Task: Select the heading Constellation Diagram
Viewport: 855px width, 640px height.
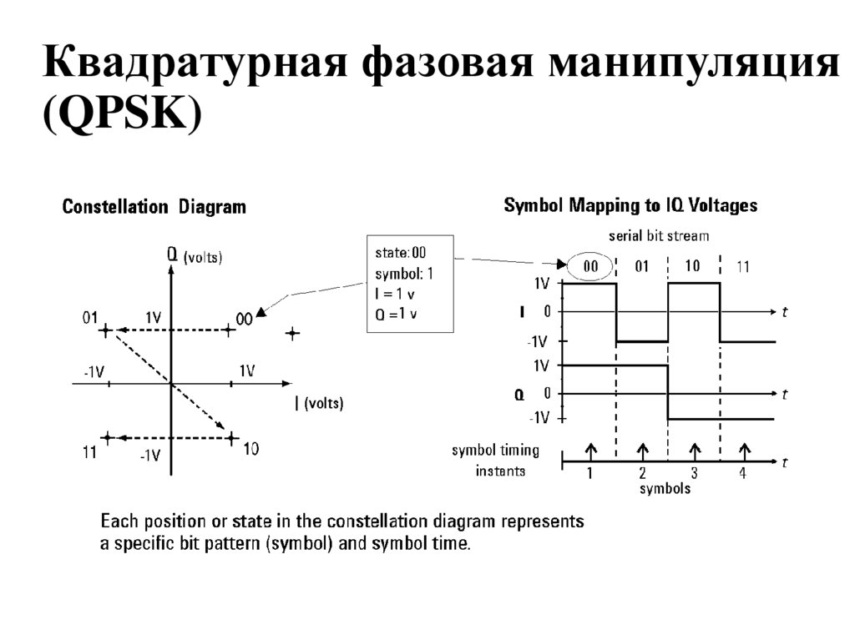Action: (154, 207)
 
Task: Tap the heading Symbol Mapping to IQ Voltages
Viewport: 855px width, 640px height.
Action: (630, 205)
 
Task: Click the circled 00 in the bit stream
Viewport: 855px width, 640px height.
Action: (590, 267)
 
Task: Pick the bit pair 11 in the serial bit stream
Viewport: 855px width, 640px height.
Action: (743, 268)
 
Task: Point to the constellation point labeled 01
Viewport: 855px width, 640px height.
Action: (105, 331)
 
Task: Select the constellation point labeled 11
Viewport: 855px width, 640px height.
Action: (106, 436)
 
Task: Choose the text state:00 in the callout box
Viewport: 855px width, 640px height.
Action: (402, 249)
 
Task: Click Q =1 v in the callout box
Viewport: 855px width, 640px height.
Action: (397, 314)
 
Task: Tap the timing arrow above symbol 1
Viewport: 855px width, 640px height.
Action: (589, 451)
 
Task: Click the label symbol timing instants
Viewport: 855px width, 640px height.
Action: (495, 461)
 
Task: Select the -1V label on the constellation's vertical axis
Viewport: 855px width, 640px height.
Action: (149, 456)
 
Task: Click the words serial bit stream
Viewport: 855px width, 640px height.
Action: (660, 236)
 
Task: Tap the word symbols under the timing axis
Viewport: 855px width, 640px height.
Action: (665, 489)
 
